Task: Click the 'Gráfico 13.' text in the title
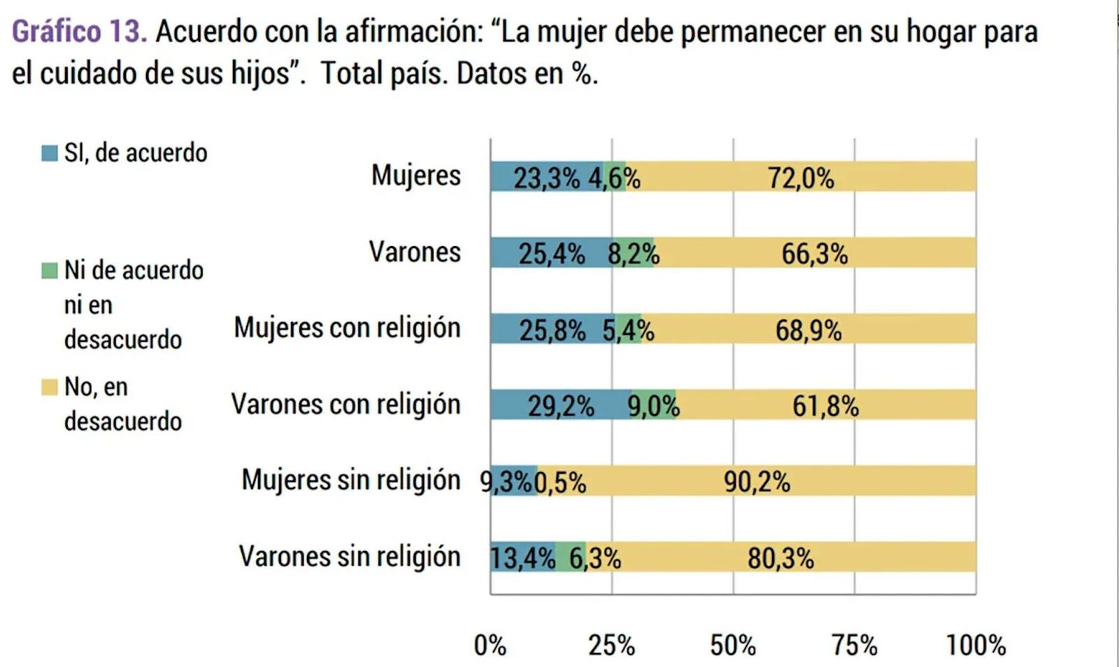tap(79, 31)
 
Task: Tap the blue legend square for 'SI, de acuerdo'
tap(50, 153)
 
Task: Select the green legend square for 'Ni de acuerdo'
tap(50, 271)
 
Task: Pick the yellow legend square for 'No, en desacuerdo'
tap(50, 387)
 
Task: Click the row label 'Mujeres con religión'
tap(347, 328)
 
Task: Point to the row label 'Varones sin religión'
tap(350, 557)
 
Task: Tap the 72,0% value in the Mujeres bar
tap(801, 178)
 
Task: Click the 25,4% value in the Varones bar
tap(551, 254)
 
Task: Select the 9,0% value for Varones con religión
tap(653, 406)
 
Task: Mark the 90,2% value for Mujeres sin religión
tap(757, 482)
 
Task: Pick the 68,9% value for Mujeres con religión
tap(808, 330)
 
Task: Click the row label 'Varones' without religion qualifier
tap(415, 252)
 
